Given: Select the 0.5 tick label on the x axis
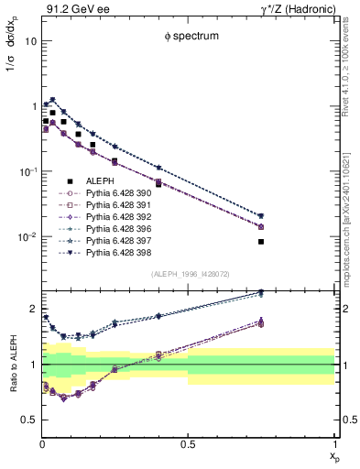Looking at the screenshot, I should (188, 444).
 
